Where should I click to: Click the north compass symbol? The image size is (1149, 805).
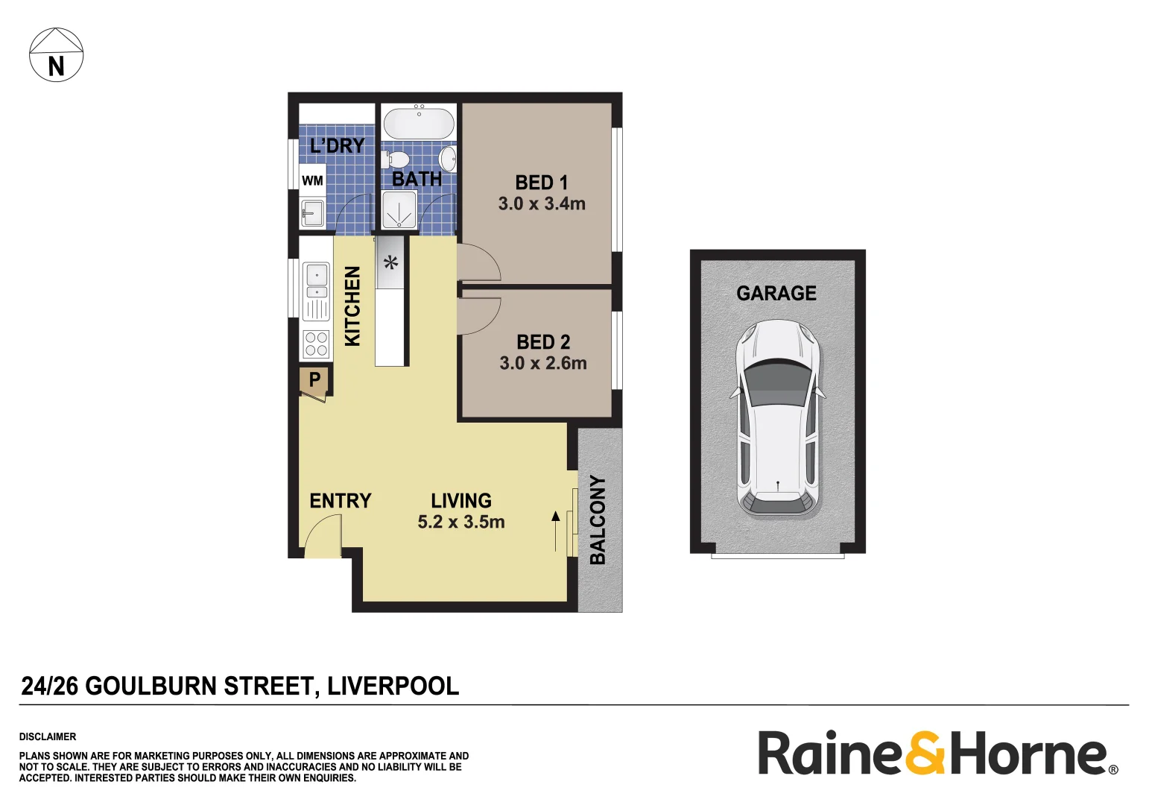click(x=56, y=55)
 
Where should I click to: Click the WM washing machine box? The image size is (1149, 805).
click(x=312, y=180)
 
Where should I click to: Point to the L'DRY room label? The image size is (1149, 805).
click(x=337, y=145)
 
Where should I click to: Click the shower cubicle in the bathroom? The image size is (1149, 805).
click(x=399, y=209)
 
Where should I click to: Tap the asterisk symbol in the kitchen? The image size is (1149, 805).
click(x=390, y=262)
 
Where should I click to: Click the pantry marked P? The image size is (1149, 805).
click(x=314, y=379)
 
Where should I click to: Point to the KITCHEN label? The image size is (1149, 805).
click(x=352, y=306)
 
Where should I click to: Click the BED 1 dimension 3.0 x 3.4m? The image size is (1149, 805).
click(x=542, y=203)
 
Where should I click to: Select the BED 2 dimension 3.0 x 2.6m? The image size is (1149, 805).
click(x=543, y=363)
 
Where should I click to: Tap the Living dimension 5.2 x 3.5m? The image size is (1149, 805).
click(x=461, y=522)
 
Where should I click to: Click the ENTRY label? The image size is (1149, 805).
click(x=341, y=501)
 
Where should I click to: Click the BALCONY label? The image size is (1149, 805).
click(x=598, y=520)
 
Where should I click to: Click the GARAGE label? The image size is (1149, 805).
click(x=776, y=294)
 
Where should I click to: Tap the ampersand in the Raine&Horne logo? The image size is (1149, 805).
click(x=925, y=754)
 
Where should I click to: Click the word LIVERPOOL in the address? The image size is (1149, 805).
click(x=393, y=686)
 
